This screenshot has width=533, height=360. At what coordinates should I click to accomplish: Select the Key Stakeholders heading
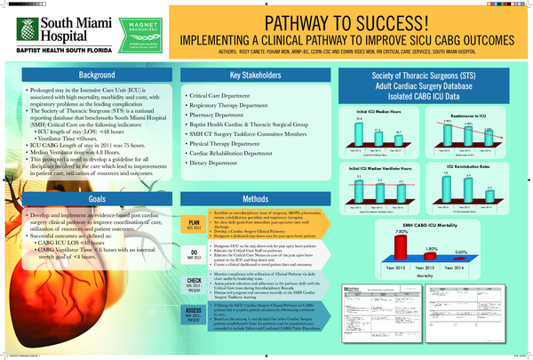click(254, 75)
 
